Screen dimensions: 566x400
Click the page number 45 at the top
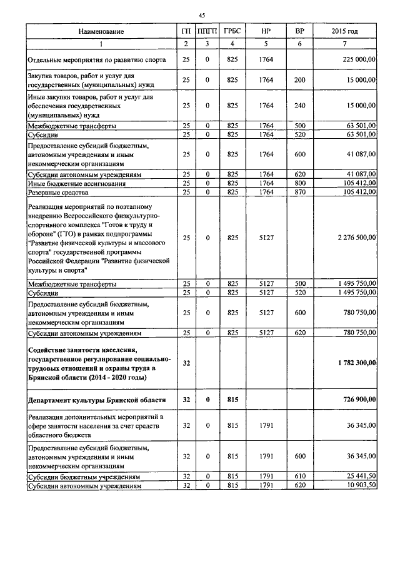202,14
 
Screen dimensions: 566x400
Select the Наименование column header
101,31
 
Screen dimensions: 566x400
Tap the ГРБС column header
232,31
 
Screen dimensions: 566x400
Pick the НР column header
266,31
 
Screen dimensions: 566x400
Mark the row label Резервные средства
58,192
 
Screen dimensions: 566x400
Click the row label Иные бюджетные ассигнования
76,183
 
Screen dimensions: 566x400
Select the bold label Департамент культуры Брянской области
97,399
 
